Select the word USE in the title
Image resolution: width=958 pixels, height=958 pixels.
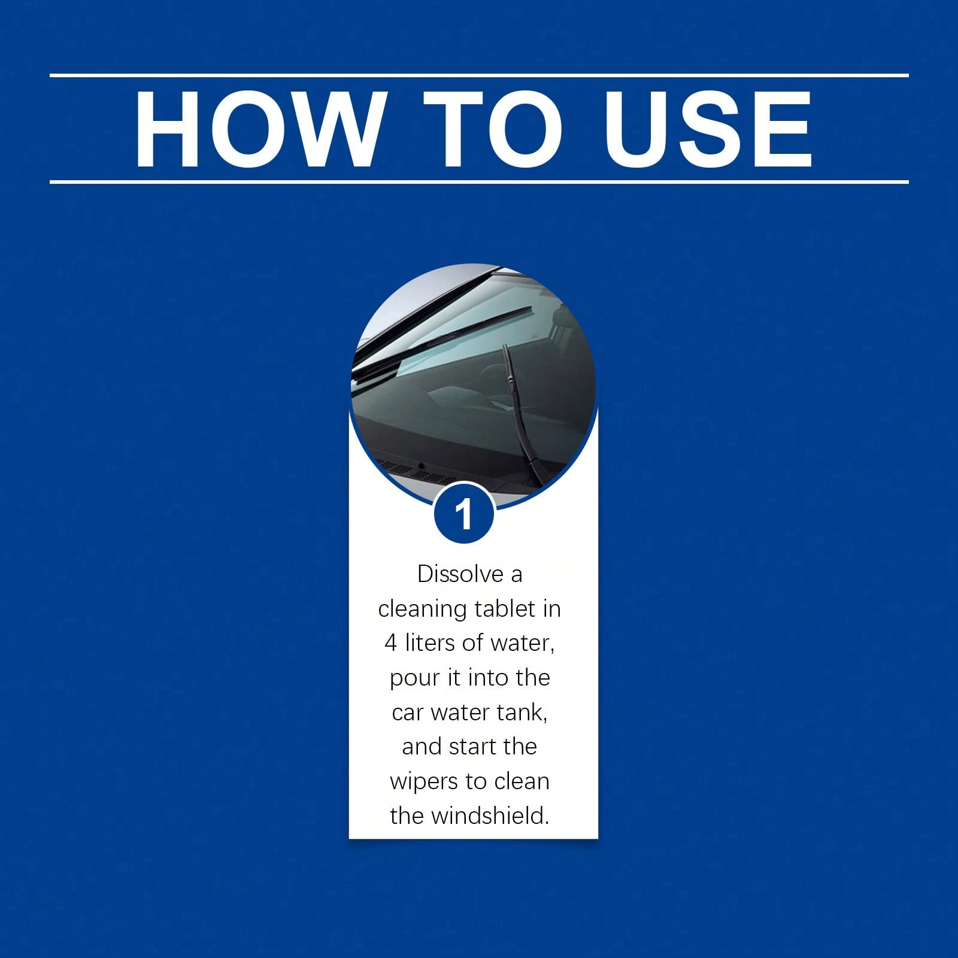click(708, 129)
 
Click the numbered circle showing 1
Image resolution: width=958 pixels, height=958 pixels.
click(464, 514)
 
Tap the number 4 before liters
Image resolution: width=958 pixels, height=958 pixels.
click(391, 643)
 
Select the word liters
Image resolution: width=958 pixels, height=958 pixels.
click(431, 643)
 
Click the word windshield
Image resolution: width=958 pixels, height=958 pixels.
click(489, 815)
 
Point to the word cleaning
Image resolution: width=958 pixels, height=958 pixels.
click(423, 610)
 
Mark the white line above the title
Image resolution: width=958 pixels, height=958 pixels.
click(479, 75)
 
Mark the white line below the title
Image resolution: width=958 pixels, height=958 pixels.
click(479, 181)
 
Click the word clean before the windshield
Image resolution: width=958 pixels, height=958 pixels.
click(522, 781)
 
